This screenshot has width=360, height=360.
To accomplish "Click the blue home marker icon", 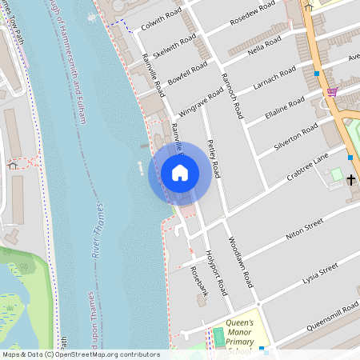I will (180, 172).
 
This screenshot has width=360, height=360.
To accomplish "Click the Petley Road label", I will (213, 156).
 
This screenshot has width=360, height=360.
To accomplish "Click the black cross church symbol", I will (351, 178).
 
